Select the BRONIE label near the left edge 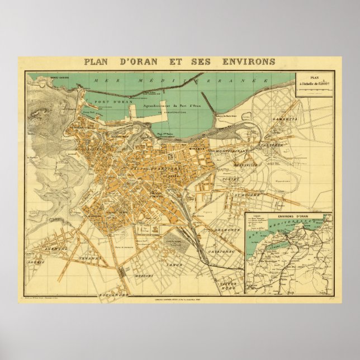pos(39,260)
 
